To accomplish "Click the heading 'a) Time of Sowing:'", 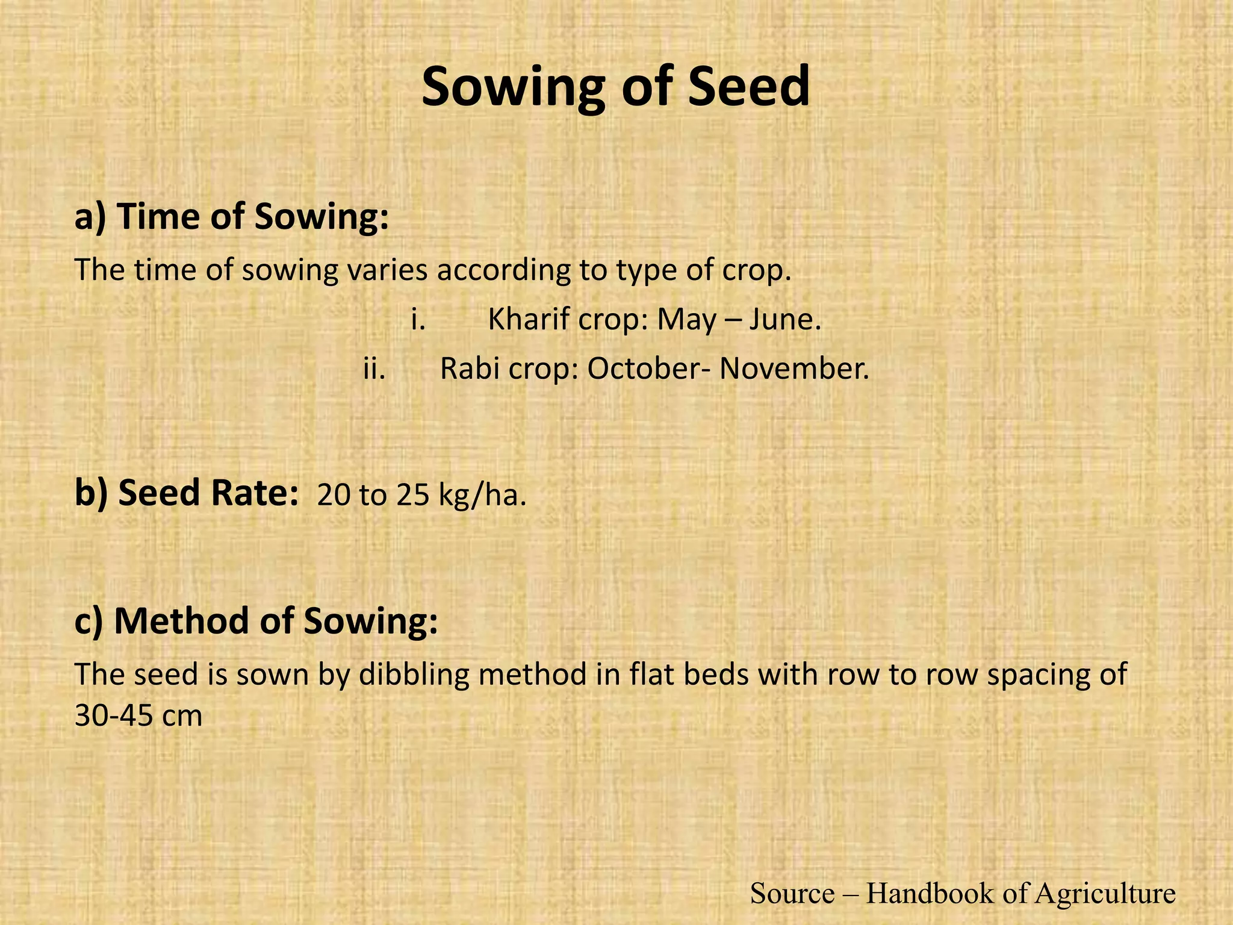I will [231, 216].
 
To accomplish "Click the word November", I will [794, 369].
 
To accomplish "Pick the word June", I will [784, 319].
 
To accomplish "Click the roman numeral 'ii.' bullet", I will [374, 369].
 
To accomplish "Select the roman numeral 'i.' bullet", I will [418, 319].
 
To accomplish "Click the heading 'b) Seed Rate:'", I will [187, 493].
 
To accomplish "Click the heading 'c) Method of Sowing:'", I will [256, 621].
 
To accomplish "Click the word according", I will [503, 271].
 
